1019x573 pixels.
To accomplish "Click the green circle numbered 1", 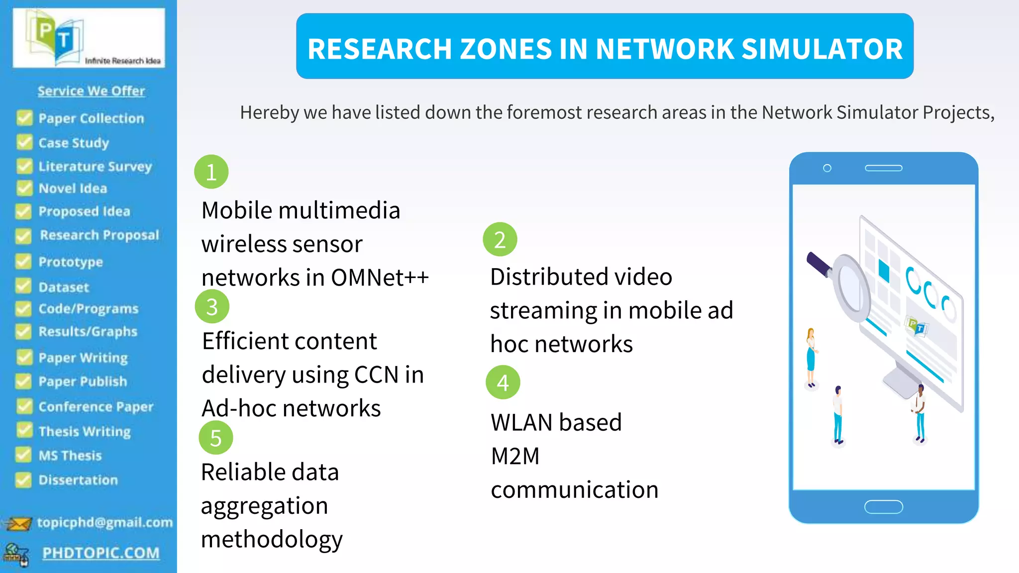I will pyautogui.click(x=211, y=172).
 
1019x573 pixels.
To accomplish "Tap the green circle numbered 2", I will pyautogui.click(x=500, y=239).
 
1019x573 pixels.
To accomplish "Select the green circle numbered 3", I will pyautogui.click(x=212, y=306).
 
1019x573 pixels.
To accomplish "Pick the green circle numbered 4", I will pyautogui.click(x=503, y=382).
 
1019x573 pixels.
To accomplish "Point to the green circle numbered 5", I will pyautogui.click(x=215, y=438).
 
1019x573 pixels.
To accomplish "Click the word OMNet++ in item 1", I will pyautogui.click(x=380, y=278).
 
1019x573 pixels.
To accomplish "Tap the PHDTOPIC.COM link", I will pyautogui.click(x=101, y=553).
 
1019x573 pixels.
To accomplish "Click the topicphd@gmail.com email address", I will pyautogui.click(x=105, y=522).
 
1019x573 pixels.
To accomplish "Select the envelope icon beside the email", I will pyautogui.click(x=18, y=524).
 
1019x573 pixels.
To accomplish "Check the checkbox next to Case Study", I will pyautogui.click(x=24, y=142).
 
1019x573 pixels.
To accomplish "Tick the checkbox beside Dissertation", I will pyautogui.click(x=23, y=479).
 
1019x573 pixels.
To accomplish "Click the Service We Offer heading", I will pyautogui.click(x=91, y=91).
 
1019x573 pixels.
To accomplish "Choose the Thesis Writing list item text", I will pyautogui.click(x=85, y=431).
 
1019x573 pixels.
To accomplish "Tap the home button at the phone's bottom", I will pyautogui.click(x=883, y=507).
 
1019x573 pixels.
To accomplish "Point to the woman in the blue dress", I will pyautogui.click(x=811, y=357).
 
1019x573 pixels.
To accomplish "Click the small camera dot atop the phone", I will pyautogui.click(x=827, y=168).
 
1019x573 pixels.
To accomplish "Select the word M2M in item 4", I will pyautogui.click(x=515, y=456).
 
